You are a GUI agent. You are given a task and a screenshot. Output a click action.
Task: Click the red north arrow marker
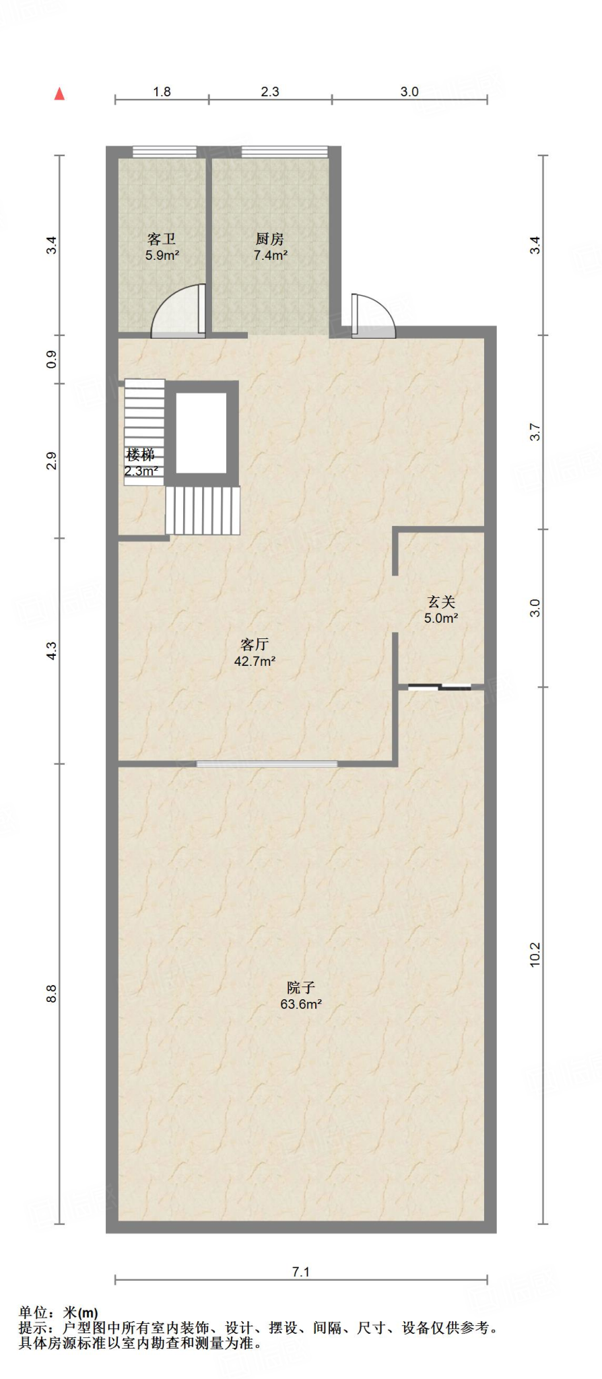pos(59,94)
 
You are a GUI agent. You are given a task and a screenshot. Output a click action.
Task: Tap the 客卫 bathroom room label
pos(162,239)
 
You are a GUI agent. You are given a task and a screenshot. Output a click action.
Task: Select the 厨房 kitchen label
pos(270,239)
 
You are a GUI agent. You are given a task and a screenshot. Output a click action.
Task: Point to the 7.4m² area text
pos(271,256)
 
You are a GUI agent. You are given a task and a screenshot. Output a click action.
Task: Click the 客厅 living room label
pos(255,644)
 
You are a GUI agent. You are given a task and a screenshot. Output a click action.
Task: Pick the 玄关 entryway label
pos(441,602)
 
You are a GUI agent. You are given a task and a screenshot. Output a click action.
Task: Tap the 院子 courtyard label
pos(301,987)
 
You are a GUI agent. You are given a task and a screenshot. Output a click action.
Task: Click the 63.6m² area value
pos(301,1004)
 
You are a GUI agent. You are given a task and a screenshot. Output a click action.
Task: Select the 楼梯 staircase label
pos(141,455)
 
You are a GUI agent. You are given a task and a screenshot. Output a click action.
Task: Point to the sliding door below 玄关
pos(440,687)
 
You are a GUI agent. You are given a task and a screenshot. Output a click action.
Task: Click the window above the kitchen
pos(284,152)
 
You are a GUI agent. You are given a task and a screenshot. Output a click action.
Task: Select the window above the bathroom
pos(164,152)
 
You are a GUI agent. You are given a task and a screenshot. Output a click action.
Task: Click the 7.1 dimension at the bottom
pos(301,1272)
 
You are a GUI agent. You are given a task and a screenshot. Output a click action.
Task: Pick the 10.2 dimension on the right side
pos(535,955)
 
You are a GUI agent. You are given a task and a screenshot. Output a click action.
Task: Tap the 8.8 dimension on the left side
pos(52,994)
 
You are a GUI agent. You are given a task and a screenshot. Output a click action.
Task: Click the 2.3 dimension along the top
pos(270,92)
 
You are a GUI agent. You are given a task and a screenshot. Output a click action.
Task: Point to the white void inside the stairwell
pos(201,432)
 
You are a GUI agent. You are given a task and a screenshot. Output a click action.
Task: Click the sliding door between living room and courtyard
pos(267,764)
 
